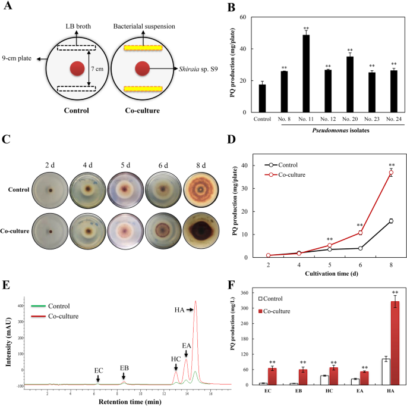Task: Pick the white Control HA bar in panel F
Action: click(384, 371)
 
